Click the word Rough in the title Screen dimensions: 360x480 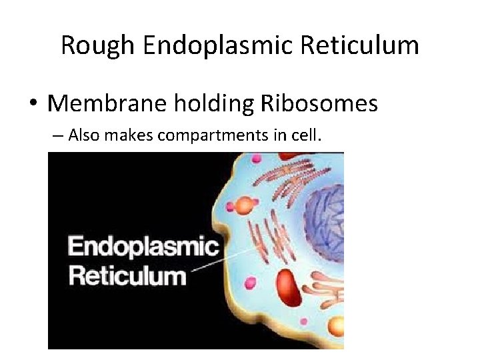click(x=97, y=45)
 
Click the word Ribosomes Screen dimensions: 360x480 click(x=319, y=103)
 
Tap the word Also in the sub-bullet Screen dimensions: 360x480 click(x=81, y=136)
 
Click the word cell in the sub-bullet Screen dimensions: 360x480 click(x=308, y=136)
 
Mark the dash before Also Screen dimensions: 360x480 click(x=56, y=137)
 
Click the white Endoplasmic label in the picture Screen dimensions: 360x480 click(x=143, y=247)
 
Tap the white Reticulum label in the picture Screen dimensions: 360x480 click(x=127, y=275)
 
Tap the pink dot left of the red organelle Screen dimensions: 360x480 click(x=251, y=283)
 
